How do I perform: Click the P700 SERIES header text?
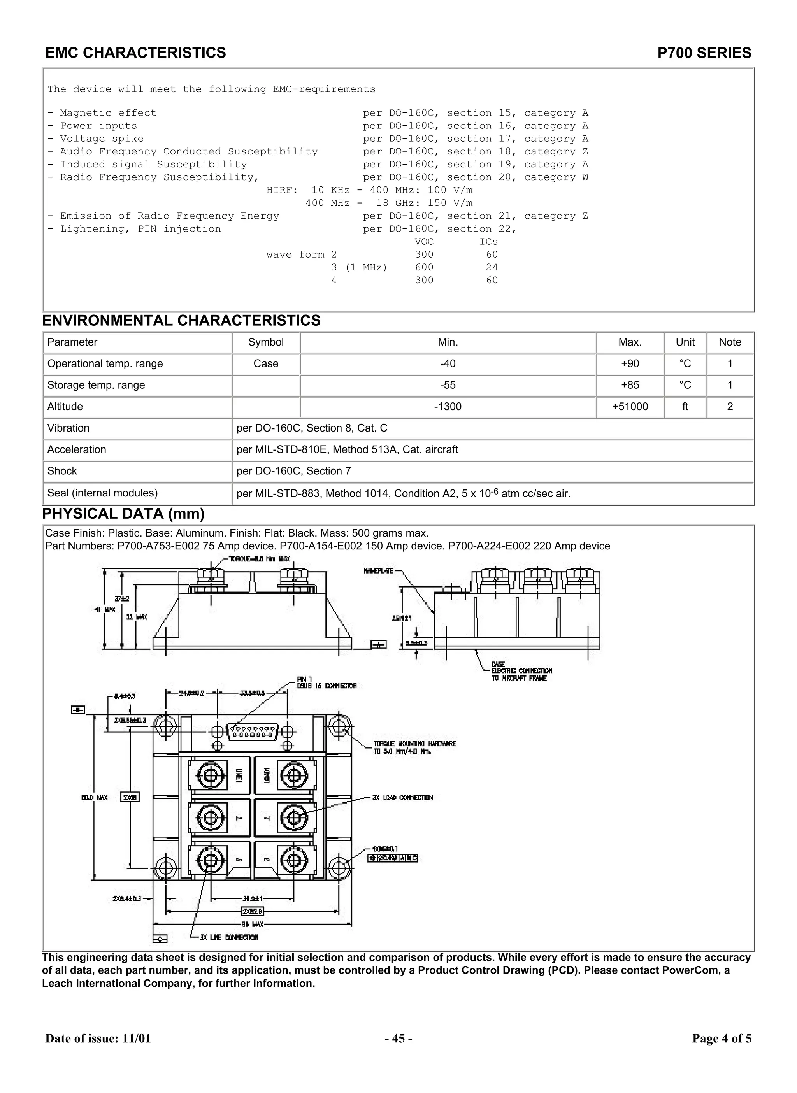click(704, 53)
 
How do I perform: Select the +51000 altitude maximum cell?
click(630, 407)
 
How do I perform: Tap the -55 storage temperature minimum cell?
click(447, 385)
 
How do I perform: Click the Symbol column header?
click(266, 342)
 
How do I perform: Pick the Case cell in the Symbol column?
click(266, 364)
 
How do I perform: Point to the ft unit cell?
click(685, 407)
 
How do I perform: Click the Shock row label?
click(62, 471)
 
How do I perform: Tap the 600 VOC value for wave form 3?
click(424, 268)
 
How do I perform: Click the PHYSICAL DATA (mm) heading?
click(123, 514)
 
